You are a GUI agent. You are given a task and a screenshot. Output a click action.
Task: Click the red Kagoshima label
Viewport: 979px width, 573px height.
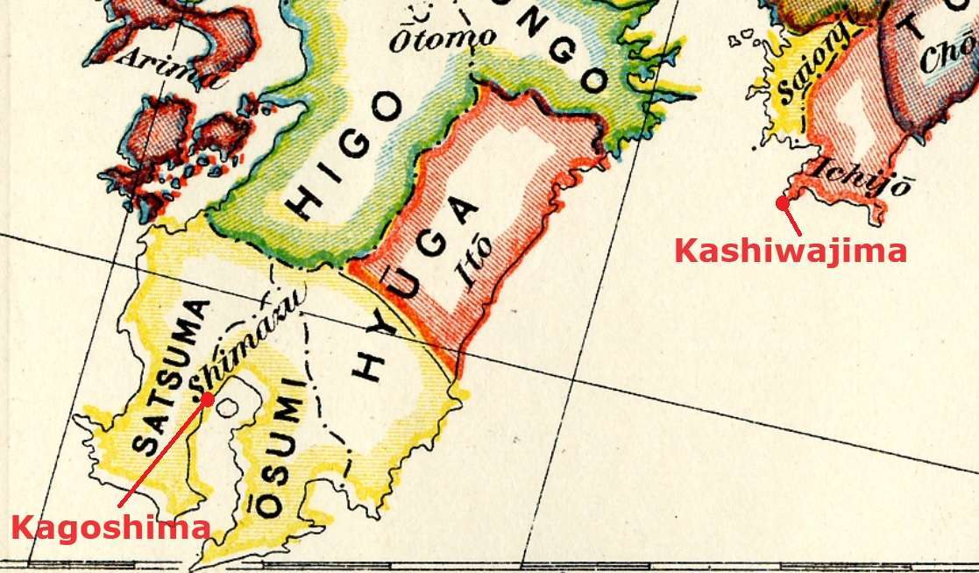(110, 528)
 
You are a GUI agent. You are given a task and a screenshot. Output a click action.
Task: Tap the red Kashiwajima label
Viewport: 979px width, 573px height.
(790, 251)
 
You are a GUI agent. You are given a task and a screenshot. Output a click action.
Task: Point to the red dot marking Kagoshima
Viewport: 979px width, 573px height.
(208, 398)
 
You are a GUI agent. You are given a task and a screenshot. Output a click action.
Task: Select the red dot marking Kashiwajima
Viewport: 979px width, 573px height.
(780, 202)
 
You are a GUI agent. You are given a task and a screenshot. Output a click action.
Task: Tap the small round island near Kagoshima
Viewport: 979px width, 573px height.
(228, 408)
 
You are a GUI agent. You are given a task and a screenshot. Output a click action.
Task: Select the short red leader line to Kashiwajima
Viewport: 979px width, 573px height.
(791, 218)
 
